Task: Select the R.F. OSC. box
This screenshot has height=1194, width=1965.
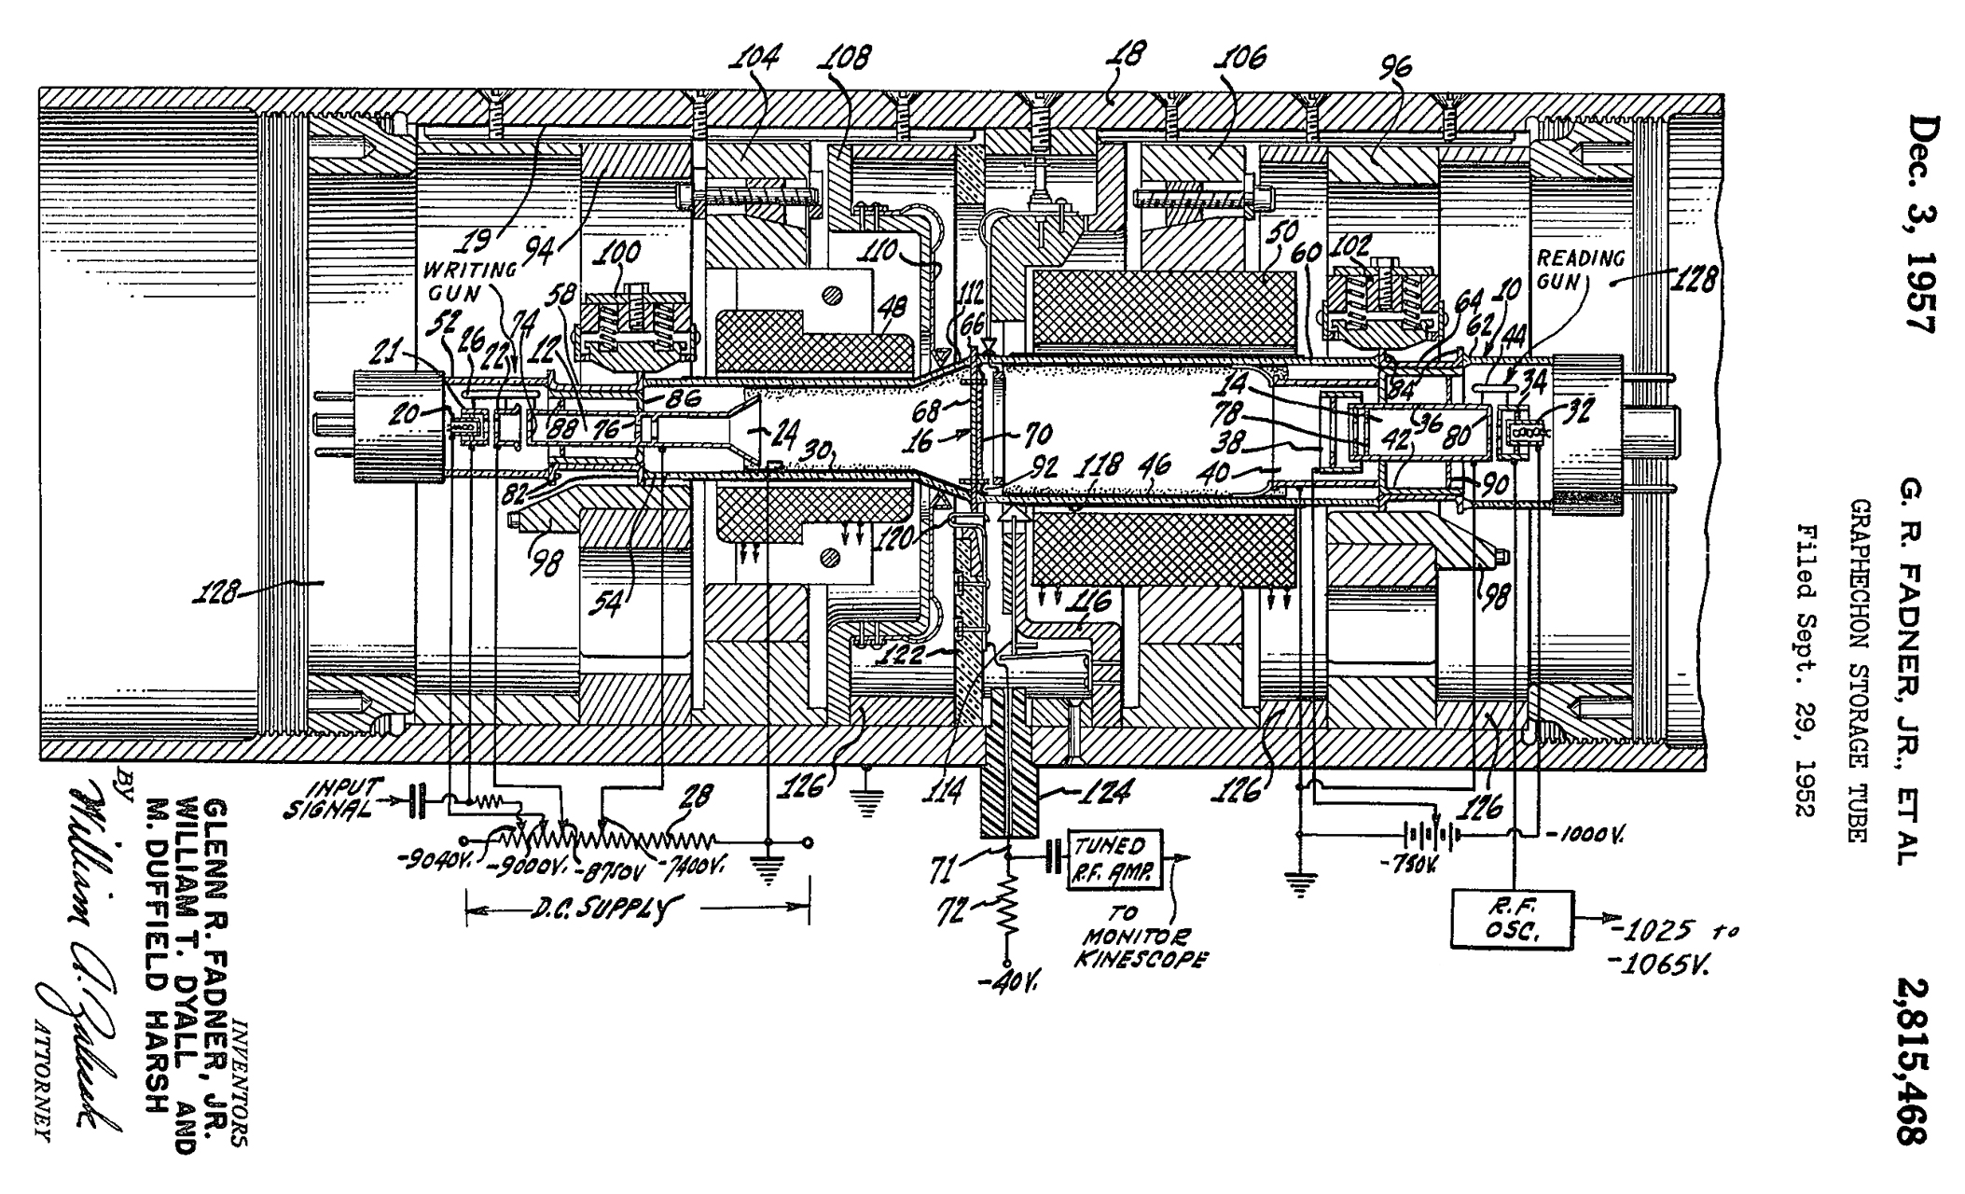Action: pos(1512,919)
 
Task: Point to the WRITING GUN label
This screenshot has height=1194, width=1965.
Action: pos(470,281)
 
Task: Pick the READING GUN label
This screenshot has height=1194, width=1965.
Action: pos(1580,268)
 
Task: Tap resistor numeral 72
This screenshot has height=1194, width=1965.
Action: pos(950,909)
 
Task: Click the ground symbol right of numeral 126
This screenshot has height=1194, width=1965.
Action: pos(868,780)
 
